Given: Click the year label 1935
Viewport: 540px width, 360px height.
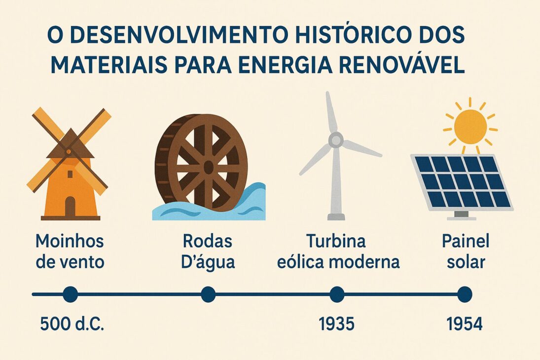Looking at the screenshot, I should click(x=336, y=324).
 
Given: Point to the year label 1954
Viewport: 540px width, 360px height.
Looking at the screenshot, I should click(x=464, y=324).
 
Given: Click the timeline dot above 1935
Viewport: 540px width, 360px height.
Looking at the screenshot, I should click(x=337, y=294).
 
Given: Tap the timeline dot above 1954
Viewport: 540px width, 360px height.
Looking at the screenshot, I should click(x=464, y=294).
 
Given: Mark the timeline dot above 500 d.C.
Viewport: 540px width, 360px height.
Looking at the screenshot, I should click(x=71, y=294).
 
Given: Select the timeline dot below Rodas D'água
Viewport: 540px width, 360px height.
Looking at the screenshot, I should click(x=208, y=294).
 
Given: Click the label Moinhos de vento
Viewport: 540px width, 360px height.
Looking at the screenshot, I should click(x=70, y=252).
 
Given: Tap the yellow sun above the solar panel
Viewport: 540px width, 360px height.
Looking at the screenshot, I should click(x=470, y=127).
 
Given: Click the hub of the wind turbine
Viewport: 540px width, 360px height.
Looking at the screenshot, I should click(x=336, y=140).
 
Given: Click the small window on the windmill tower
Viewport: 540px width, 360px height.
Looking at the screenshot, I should click(x=70, y=174).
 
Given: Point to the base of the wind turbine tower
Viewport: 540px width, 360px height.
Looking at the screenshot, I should click(x=336, y=216).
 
